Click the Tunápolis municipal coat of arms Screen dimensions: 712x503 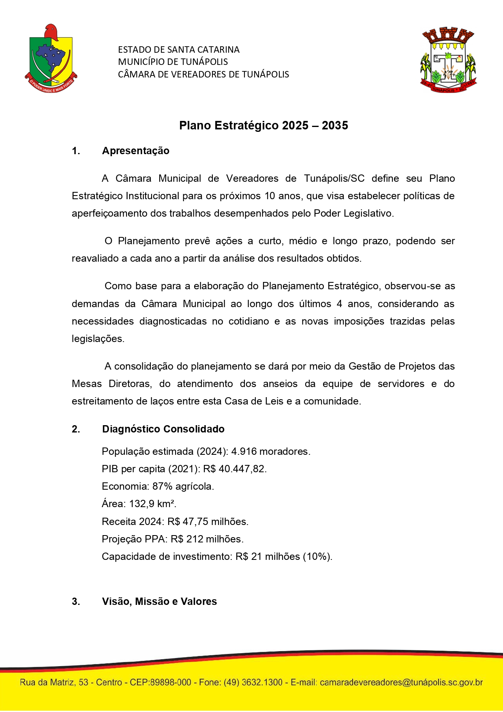pyautogui.click(x=448, y=60)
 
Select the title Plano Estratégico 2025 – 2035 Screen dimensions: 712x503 pyautogui.click(x=263, y=125)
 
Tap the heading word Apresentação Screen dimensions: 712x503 pyautogui.click(x=136, y=151)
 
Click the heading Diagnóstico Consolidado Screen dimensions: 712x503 pyautogui.click(x=163, y=429)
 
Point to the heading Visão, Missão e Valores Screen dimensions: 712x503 pyautogui.click(x=159, y=602)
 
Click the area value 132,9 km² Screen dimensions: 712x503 pyautogui.click(x=152, y=504)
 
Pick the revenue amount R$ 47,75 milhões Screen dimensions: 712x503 pyautogui.click(x=208, y=522)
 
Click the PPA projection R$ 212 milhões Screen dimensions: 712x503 pyautogui.click(x=207, y=539)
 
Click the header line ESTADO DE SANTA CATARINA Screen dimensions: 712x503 pyautogui.click(x=179, y=50)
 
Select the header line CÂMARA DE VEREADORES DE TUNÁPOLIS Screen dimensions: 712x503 pyautogui.click(x=203, y=75)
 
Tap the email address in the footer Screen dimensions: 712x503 pyautogui.click(x=401, y=682)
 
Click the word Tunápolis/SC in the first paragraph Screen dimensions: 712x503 pyautogui.click(x=334, y=179)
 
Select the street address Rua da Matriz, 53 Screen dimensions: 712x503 pyautogui.click(x=54, y=682)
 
